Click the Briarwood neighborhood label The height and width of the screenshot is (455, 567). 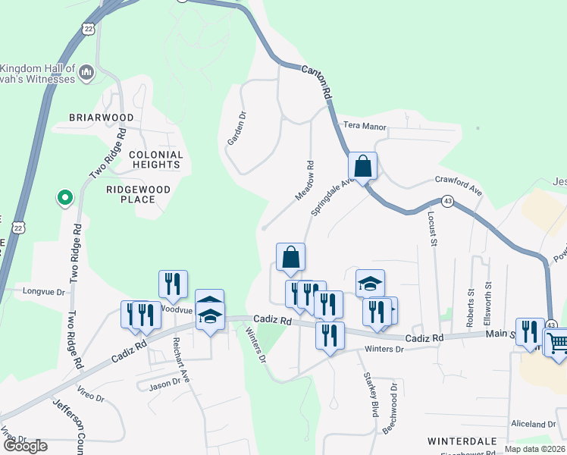(101, 118)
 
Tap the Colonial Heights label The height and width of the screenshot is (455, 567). (155, 159)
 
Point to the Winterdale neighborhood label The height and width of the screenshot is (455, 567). (462, 441)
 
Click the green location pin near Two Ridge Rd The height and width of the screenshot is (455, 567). (65, 199)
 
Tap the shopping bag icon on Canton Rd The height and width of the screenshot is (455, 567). (363, 167)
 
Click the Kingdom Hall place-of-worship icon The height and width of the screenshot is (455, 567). (86, 73)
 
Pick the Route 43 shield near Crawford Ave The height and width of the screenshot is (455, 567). (449, 201)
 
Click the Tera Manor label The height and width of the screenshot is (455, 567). (365, 127)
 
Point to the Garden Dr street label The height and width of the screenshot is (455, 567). (237, 129)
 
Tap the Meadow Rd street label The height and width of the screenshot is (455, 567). (304, 180)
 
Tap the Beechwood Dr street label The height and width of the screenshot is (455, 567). (390, 408)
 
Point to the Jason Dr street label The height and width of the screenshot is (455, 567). (164, 383)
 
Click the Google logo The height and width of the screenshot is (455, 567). (25, 446)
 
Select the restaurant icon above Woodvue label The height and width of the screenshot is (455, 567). (174, 284)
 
